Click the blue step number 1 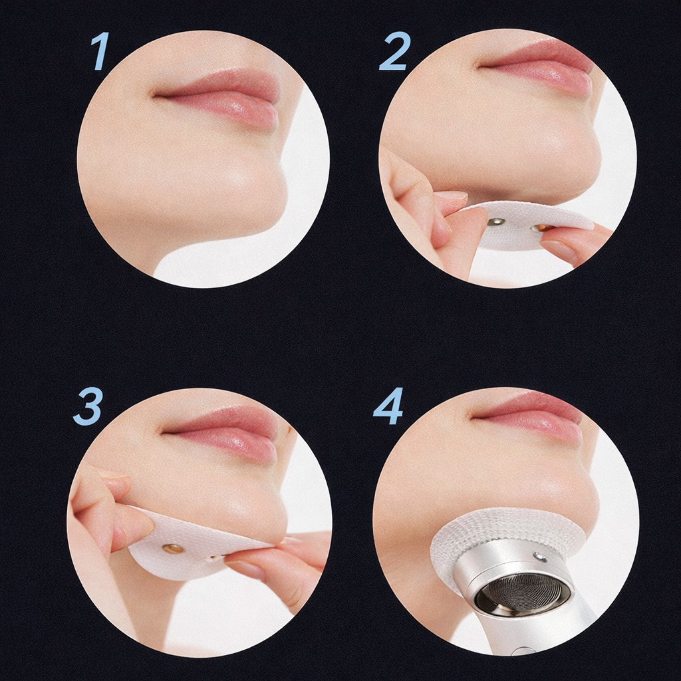pyautogui.click(x=100, y=51)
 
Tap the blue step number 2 pyautogui.click(x=394, y=52)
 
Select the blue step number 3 pyautogui.click(x=88, y=406)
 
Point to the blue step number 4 pyautogui.click(x=388, y=406)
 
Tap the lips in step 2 pyautogui.click(x=537, y=66)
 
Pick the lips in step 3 pyautogui.click(x=221, y=431)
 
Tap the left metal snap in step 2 pyautogui.click(x=494, y=223)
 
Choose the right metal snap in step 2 pyautogui.click(x=539, y=227)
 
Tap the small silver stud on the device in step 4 pyautogui.click(x=539, y=555)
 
